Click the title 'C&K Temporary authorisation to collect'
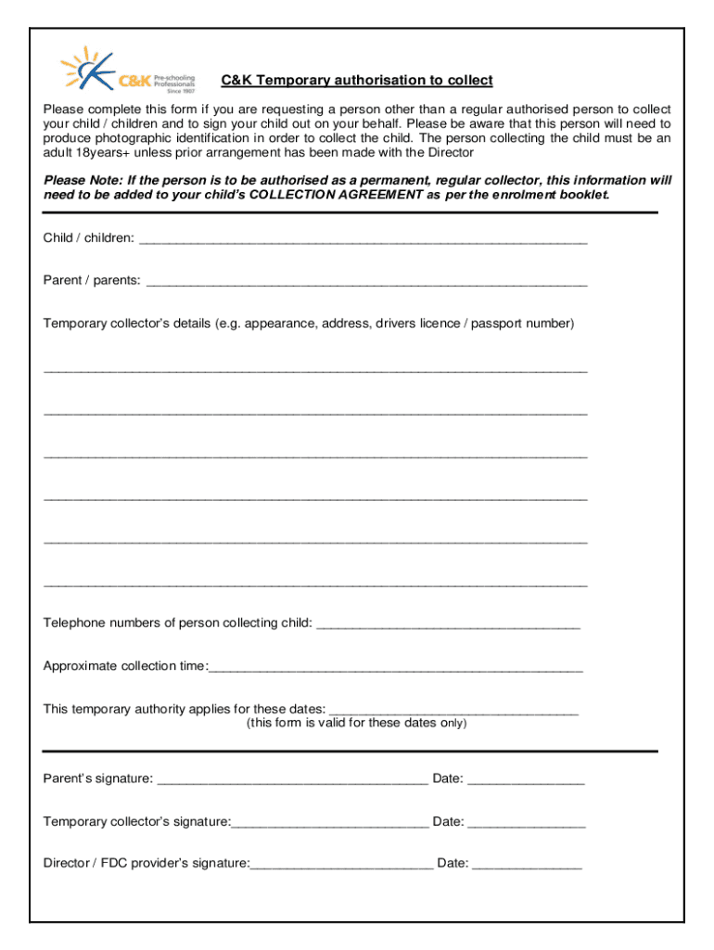[356, 81]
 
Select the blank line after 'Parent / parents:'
[366, 282]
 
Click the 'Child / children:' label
[88, 238]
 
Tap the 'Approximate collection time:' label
[125, 666]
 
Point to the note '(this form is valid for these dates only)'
[356, 723]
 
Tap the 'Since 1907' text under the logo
[180, 91]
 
